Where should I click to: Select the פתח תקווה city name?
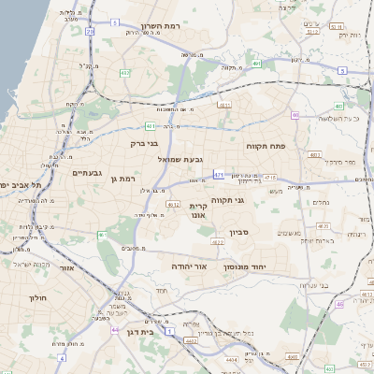click(x=265, y=147)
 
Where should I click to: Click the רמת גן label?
click(x=122, y=179)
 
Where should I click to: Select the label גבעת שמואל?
click(x=179, y=159)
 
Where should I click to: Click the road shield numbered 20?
click(x=90, y=32)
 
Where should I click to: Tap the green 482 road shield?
click(x=124, y=72)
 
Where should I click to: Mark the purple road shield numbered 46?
click(x=338, y=304)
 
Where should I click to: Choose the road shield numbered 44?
click(x=114, y=330)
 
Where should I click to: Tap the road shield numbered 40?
click(x=295, y=116)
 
